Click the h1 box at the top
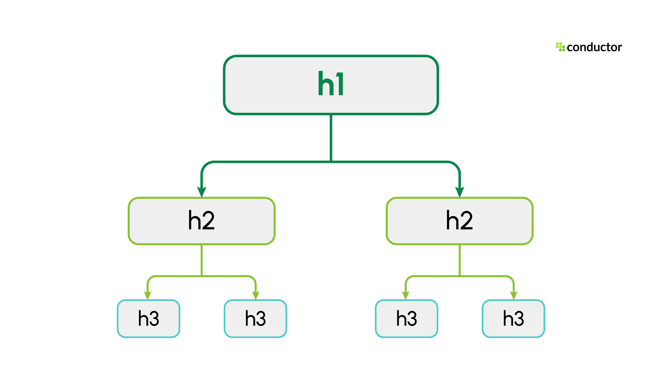[331, 85]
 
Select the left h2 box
[202, 221]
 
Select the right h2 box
[460, 221]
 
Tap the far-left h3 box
[149, 319]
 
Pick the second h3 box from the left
[255, 319]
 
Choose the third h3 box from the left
[406, 319]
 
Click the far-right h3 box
[513, 319]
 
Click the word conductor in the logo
[594, 47]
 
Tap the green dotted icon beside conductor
[560, 47]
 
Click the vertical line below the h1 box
[331, 138]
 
